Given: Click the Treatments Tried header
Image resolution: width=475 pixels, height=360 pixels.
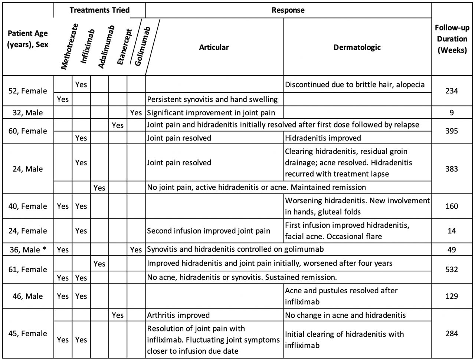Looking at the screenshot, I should point(99,10).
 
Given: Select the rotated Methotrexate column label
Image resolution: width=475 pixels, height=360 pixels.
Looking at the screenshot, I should point(70,47).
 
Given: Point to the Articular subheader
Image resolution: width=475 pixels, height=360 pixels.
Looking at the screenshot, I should point(214,47).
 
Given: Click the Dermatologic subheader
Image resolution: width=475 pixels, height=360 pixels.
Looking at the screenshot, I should point(357,47).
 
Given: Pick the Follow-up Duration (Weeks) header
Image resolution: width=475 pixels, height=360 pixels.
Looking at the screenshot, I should point(452,39).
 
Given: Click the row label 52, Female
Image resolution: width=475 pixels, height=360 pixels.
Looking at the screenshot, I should point(28,91).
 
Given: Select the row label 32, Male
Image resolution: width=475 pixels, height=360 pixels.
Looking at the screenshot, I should point(28,113).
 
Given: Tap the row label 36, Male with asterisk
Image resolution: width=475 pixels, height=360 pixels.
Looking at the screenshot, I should point(28,250).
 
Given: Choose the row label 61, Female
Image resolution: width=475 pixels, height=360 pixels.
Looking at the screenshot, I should point(28,270).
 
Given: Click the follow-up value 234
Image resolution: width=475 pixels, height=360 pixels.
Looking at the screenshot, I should point(452,91).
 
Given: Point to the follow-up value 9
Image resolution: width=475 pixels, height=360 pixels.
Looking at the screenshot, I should point(452,113).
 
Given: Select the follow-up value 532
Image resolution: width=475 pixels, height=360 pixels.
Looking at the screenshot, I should point(452,270).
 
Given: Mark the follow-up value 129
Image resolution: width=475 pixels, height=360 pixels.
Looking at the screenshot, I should point(452,296).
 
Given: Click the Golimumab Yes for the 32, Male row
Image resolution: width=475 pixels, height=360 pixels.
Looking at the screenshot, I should point(136,113).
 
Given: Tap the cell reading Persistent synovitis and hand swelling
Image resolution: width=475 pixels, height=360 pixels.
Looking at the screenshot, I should point(212,99).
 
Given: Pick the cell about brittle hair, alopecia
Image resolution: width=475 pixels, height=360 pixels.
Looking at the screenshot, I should point(355,85).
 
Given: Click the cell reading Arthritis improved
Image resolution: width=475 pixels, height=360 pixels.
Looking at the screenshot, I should point(178,315).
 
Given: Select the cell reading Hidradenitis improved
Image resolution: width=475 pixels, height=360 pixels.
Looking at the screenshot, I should point(323,138).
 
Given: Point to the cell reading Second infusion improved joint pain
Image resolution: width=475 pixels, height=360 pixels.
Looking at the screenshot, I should point(209,231).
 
